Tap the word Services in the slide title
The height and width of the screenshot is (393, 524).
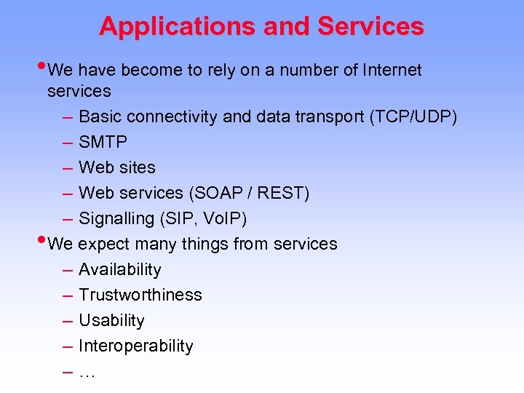coord(370,26)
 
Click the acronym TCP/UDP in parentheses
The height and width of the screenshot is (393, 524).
coord(413,116)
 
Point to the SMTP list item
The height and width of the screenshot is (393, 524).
coord(103,142)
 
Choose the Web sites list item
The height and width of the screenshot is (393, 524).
coord(116,167)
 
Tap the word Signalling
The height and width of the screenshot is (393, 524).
coord(116,218)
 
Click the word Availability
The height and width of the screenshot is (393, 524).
coord(119,269)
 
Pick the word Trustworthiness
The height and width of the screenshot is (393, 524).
coord(140,295)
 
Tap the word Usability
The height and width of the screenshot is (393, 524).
coord(111,320)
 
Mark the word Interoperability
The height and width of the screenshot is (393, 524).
coord(135,346)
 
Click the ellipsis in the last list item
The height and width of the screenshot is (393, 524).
coord(87,373)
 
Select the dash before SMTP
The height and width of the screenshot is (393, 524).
coord(67,142)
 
